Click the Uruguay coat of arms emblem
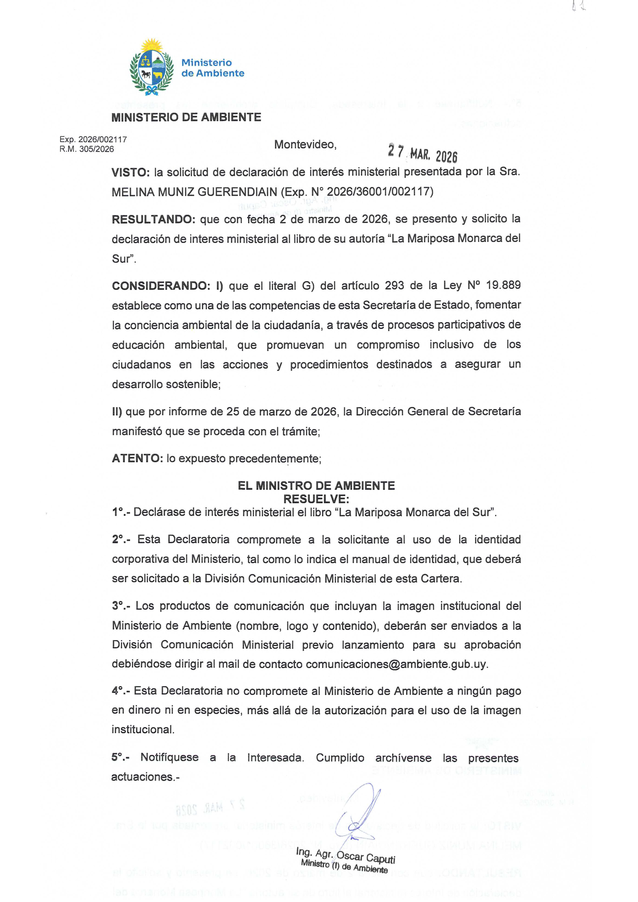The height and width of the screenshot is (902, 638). pyautogui.click(x=151, y=67)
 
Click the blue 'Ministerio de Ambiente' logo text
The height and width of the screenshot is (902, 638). pyautogui.click(x=212, y=68)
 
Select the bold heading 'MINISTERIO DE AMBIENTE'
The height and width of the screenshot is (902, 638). pyautogui.click(x=186, y=117)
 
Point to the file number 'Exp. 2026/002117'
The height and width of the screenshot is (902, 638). pyautogui.click(x=93, y=139)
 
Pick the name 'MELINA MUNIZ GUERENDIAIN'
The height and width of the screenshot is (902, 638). pyautogui.click(x=194, y=192)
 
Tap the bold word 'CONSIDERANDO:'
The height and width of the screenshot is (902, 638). pyautogui.click(x=161, y=286)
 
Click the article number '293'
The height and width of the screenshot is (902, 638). pyautogui.click(x=394, y=286)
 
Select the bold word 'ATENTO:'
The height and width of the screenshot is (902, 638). pyautogui.click(x=137, y=458)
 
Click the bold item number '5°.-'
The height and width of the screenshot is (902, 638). pyautogui.click(x=120, y=757)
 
